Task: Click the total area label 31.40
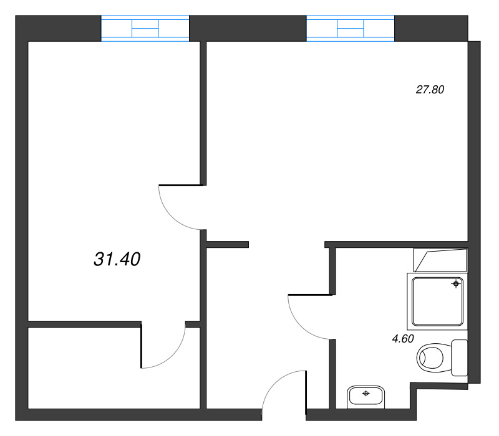[x=117, y=259]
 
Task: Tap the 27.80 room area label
[x=430, y=90]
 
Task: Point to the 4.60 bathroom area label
[x=403, y=339]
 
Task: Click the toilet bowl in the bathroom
[x=434, y=358]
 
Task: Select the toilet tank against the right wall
[x=460, y=358]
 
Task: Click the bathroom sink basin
[x=366, y=397]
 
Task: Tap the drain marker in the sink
[x=366, y=394]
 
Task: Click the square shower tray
[x=437, y=301]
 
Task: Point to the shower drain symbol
[x=456, y=283]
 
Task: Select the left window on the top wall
[x=145, y=28]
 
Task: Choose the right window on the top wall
[x=351, y=28]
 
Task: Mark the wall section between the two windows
[x=248, y=28]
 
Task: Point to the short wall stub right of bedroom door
[x=227, y=244]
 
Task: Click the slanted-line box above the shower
[x=440, y=260]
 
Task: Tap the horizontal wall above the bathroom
[x=396, y=244]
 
